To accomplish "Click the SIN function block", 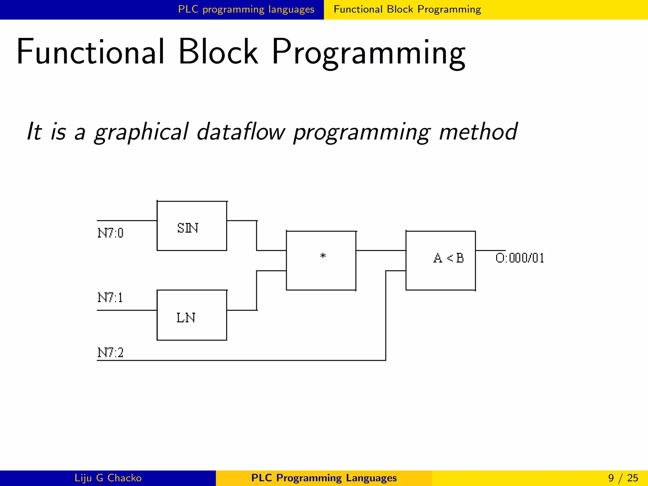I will coord(192,226).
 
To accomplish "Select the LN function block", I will coord(192,315).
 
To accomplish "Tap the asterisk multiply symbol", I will coord(323,256).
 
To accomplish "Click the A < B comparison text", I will coord(448,258).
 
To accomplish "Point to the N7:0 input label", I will coord(110,233).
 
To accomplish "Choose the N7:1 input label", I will coord(110,298).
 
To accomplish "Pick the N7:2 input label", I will coord(110,352).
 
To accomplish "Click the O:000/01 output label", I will coord(520,258).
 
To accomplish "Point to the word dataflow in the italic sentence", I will coord(241,132).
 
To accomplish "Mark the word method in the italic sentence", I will coord(478,132).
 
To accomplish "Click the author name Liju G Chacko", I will coord(108,478).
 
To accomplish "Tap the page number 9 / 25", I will coord(623,478).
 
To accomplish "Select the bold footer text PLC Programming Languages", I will coord(324,478).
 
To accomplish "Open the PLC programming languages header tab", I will coord(246,9).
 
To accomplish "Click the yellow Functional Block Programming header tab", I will coord(407,9).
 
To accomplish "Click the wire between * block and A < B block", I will coord(381,250).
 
